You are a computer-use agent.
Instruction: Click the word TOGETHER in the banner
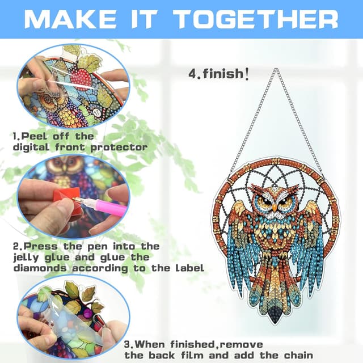click(256, 19)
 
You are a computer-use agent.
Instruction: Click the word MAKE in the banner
click(70, 19)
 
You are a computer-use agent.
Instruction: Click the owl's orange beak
click(275, 208)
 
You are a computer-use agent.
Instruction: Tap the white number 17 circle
click(97, 113)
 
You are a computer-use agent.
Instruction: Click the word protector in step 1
click(119, 147)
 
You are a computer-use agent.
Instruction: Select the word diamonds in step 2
click(40, 268)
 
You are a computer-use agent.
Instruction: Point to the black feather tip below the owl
click(275, 315)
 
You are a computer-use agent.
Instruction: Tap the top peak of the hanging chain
click(276, 69)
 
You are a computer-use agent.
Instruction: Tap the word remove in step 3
click(242, 344)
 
